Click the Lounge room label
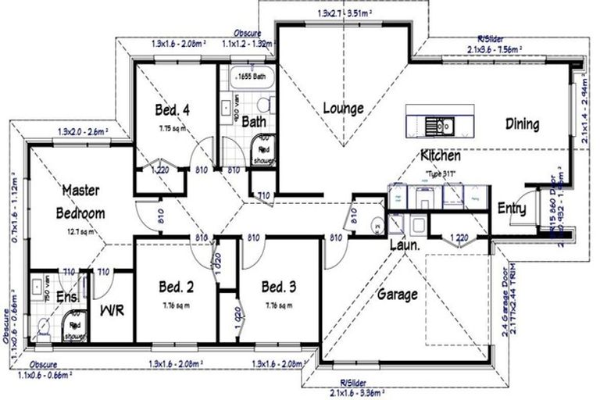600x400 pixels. [x=344, y=108]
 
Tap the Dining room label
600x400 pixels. [x=522, y=123]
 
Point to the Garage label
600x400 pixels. [x=398, y=295]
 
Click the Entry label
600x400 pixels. [x=511, y=209]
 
